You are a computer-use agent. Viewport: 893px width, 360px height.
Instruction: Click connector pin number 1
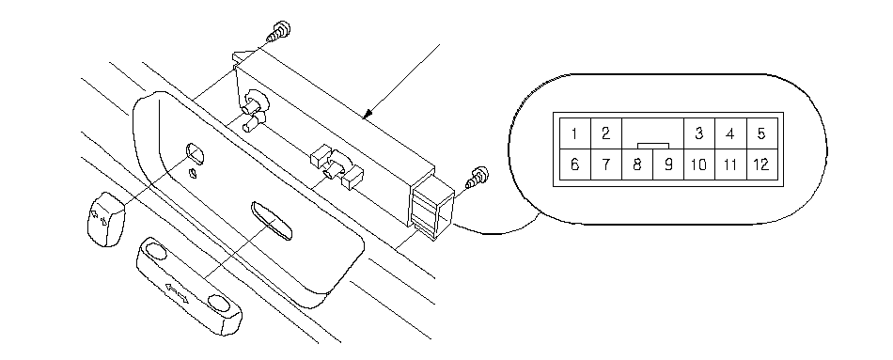click(x=574, y=133)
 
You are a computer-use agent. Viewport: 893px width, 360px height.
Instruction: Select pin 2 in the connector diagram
click(x=606, y=133)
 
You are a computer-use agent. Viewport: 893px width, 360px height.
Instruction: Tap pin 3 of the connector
click(x=698, y=133)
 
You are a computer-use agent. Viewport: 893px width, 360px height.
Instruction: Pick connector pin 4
click(x=730, y=133)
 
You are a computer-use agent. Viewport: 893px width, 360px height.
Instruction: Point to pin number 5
click(x=761, y=133)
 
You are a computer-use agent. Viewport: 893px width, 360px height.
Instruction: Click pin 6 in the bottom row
click(x=574, y=164)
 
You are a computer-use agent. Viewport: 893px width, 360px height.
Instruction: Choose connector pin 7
click(x=606, y=164)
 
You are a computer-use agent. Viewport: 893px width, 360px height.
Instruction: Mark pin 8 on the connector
click(x=637, y=164)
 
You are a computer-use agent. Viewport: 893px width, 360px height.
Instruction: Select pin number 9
click(x=668, y=164)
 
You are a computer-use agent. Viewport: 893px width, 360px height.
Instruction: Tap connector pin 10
click(x=698, y=164)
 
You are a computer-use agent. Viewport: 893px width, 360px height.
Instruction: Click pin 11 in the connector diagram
click(x=730, y=164)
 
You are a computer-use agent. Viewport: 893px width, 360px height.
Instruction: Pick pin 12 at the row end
click(x=761, y=164)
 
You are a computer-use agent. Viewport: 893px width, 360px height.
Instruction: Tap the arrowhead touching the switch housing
click(x=368, y=114)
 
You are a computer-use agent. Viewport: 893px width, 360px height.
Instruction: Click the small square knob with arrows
click(x=105, y=219)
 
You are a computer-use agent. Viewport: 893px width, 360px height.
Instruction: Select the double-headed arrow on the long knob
click(x=176, y=290)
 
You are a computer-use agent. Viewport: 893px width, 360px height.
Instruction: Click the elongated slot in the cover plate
click(x=272, y=220)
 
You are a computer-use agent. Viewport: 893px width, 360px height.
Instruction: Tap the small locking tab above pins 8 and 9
click(x=652, y=147)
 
